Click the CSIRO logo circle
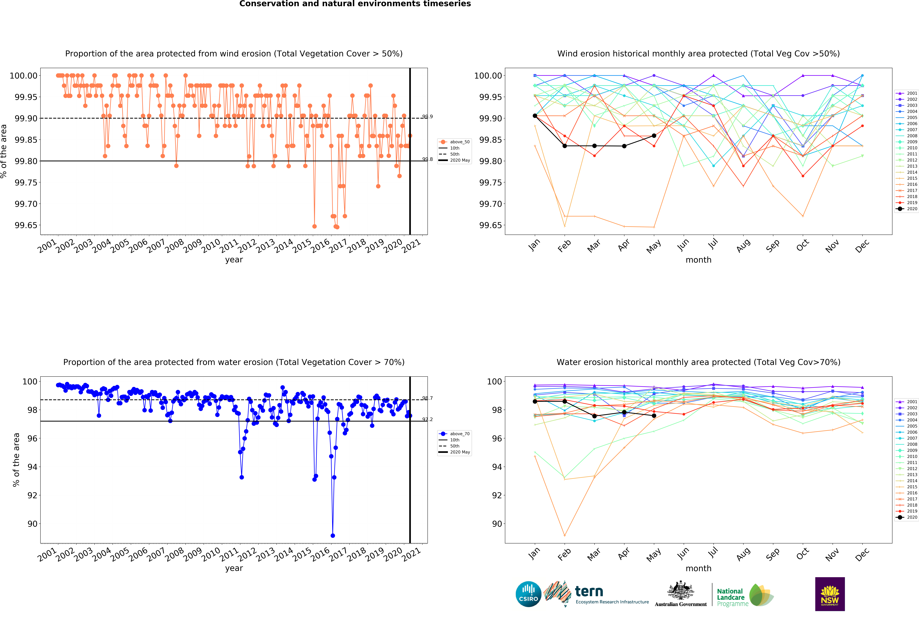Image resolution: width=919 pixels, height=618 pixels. (x=528, y=594)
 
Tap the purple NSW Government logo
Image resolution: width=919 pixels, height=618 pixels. (x=830, y=594)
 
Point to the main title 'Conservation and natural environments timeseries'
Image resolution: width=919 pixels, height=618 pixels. (x=355, y=4)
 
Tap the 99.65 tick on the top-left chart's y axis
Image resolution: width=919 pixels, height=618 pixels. (x=26, y=225)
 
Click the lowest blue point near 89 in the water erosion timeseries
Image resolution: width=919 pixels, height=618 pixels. (x=333, y=536)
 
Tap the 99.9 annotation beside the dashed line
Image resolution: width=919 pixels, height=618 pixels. (x=427, y=117)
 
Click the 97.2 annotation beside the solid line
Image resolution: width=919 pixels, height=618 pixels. (x=427, y=419)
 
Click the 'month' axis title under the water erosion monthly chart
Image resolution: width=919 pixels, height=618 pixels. (x=698, y=568)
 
